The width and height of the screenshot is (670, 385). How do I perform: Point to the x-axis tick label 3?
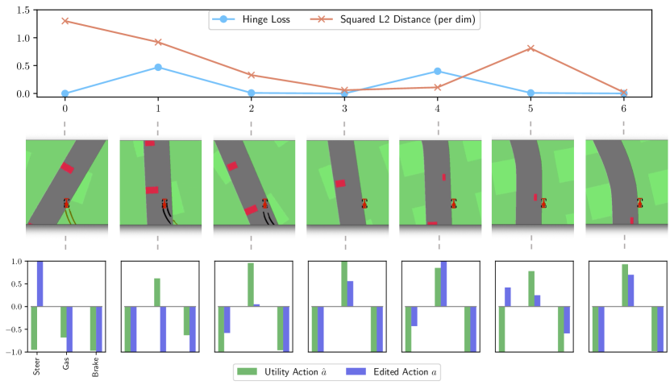[x=344, y=107]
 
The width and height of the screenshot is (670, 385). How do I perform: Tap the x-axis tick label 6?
[x=623, y=107]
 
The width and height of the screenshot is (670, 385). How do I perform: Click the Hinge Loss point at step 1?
[x=158, y=67]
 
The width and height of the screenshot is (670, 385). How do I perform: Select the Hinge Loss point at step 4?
[x=438, y=71]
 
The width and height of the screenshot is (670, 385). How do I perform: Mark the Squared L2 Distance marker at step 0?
[x=65, y=20]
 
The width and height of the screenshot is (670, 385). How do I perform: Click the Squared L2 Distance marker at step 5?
[x=531, y=48]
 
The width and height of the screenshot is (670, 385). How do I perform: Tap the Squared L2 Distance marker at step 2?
[x=252, y=75]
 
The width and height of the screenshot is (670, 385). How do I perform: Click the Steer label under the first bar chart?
[x=37, y=366]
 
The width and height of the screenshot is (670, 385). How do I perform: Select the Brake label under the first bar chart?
[x=95, y=366]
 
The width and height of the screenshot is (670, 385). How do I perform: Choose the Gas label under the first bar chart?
[x=66, y=363]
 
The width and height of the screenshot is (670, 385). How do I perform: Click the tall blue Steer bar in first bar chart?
[x=40, y=284]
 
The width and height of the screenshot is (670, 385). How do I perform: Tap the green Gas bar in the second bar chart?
[x=157, y=292]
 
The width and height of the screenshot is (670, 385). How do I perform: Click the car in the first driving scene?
[x=66, y=203]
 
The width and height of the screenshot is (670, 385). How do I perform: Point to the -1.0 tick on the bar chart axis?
[x=15, y=352]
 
